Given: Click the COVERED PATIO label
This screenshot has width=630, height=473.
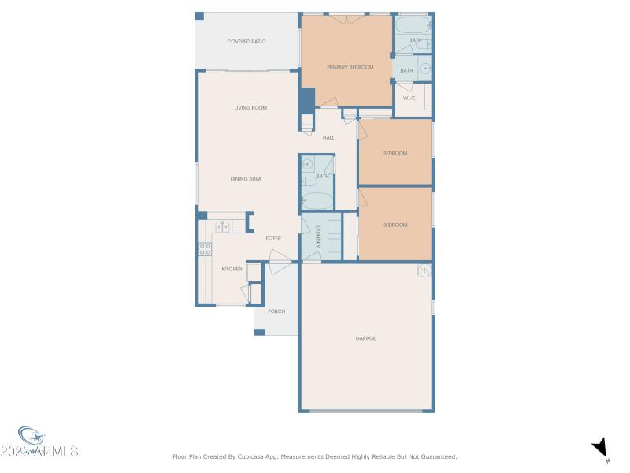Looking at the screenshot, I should (x=247, y=41).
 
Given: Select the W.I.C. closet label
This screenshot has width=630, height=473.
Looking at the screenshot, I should (x=409, y=98).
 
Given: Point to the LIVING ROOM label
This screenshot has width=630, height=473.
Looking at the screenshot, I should (x=250, y=107).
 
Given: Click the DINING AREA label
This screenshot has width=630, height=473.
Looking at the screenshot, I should (x=246, y=179).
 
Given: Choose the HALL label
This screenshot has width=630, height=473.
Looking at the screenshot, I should (x=328, y=137).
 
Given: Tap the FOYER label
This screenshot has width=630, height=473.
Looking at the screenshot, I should (x=273, y=238).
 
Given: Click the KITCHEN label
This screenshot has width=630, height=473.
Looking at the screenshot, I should (x=232, y=270).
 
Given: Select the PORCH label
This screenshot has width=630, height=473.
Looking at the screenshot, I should (x=276, y=311).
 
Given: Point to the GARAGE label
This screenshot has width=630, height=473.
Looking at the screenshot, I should (x=365, y=338).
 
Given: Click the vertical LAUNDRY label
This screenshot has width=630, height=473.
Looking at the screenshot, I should (x=317, y=237).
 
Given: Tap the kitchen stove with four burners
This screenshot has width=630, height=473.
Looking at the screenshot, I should (x=205, y=249).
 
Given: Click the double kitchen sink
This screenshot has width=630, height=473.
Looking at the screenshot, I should (x=223, y=227).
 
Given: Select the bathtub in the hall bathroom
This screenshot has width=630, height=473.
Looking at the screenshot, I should (x=317, y=201).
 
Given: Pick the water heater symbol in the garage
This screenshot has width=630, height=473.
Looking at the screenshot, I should (x=424, y=270).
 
